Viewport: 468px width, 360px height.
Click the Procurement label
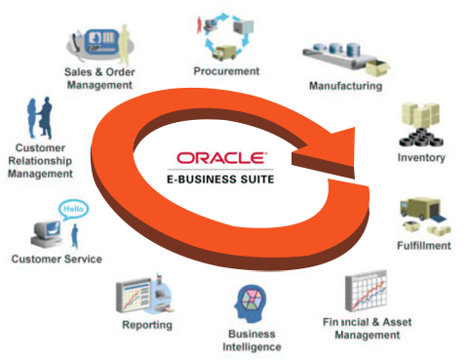point(226,70)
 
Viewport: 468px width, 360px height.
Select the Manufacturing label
point(345,86)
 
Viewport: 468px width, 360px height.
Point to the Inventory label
point(421,157)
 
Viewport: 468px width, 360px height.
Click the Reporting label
point(147,324)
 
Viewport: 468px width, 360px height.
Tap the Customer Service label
point(56,259)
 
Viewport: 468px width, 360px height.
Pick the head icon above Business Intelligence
point(248,303)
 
